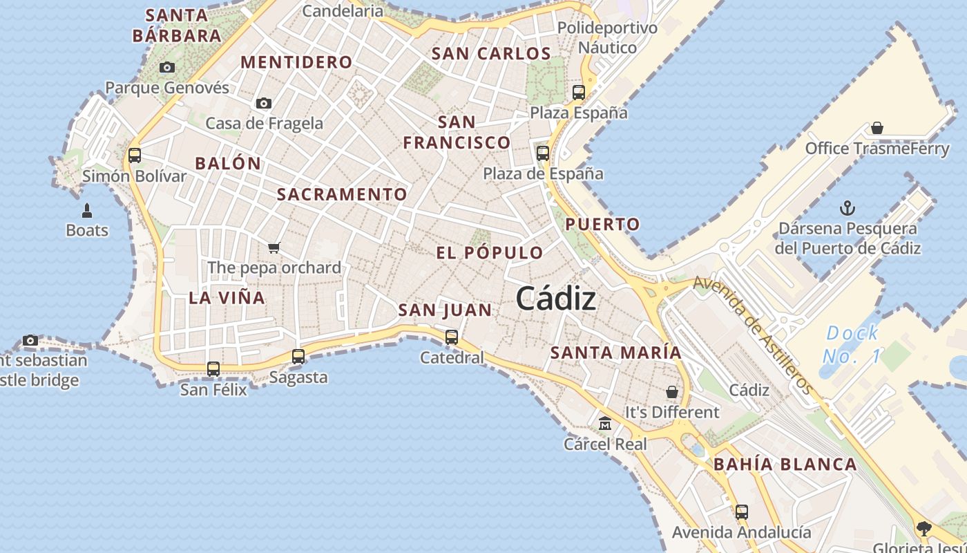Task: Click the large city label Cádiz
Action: click(x=555, y=299)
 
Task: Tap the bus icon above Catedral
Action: click(x=452, y=337)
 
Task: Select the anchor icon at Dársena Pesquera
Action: click(x=847, y=207)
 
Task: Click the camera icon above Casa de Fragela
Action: click(x=264, y=104)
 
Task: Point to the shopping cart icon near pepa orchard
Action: click(x=274, y=247)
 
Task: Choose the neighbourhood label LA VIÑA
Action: click(x=227, y=298)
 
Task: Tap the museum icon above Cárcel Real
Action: click(x=605, y=423)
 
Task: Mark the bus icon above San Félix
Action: click(x=213, y=369)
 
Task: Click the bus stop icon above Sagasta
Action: click(x=298, y=357)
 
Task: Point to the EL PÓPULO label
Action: click(x=490, y=252)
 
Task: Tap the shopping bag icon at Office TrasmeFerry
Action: click(x=877, y=128)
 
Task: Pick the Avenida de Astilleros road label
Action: click(x=753, y=335)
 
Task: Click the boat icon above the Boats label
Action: click(x=87, y=209)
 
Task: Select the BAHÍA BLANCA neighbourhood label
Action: click(x=785, y=465)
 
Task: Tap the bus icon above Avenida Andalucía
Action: click(x=741, y=512)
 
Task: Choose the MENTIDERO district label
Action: click(x=296, y=62)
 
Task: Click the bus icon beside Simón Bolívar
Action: click(x=135, y=156)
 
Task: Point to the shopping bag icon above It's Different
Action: click(x=672, y=392)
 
